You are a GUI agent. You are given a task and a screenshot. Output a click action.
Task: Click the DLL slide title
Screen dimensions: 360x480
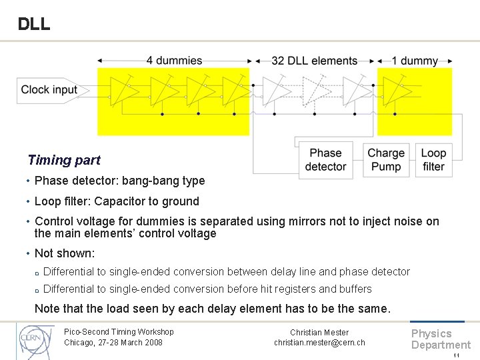(x=33, y=24)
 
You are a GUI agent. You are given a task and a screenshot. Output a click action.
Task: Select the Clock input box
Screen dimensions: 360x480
(x=48, y=90)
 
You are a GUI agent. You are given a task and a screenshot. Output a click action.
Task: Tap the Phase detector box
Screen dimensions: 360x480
(x=325, y=160)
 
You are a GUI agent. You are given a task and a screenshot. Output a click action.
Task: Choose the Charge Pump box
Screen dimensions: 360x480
(x=386, y=160)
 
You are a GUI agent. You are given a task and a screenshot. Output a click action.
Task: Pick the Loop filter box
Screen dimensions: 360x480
(x=433, y=160)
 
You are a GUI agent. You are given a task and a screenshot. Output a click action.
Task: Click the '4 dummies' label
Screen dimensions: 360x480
(x=174, y=61)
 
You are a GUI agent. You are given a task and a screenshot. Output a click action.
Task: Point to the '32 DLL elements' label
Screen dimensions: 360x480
(x=314, y=61)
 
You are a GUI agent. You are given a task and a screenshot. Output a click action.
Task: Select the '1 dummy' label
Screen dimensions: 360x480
(x=415, y=61)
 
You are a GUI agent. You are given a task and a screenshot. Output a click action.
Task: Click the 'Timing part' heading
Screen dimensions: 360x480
(x=64, y=160)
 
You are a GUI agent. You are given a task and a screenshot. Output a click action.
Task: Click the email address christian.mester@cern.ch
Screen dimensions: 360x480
(x=319, y=343)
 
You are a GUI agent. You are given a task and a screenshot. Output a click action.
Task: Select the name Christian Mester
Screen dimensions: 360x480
(x=319, y=332)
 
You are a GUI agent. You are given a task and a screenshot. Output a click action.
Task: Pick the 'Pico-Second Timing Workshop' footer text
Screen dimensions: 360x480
(x=119, y=332)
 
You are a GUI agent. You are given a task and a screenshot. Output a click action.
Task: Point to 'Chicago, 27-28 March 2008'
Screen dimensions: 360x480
(x=113, y=343)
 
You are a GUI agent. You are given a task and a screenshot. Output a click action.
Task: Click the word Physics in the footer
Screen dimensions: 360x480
(x=431, y=333)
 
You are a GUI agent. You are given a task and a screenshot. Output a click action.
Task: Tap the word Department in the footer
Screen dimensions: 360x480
(x=441, y=345)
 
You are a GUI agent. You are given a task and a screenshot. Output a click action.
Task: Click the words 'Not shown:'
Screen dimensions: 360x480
(x=65, y=253)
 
